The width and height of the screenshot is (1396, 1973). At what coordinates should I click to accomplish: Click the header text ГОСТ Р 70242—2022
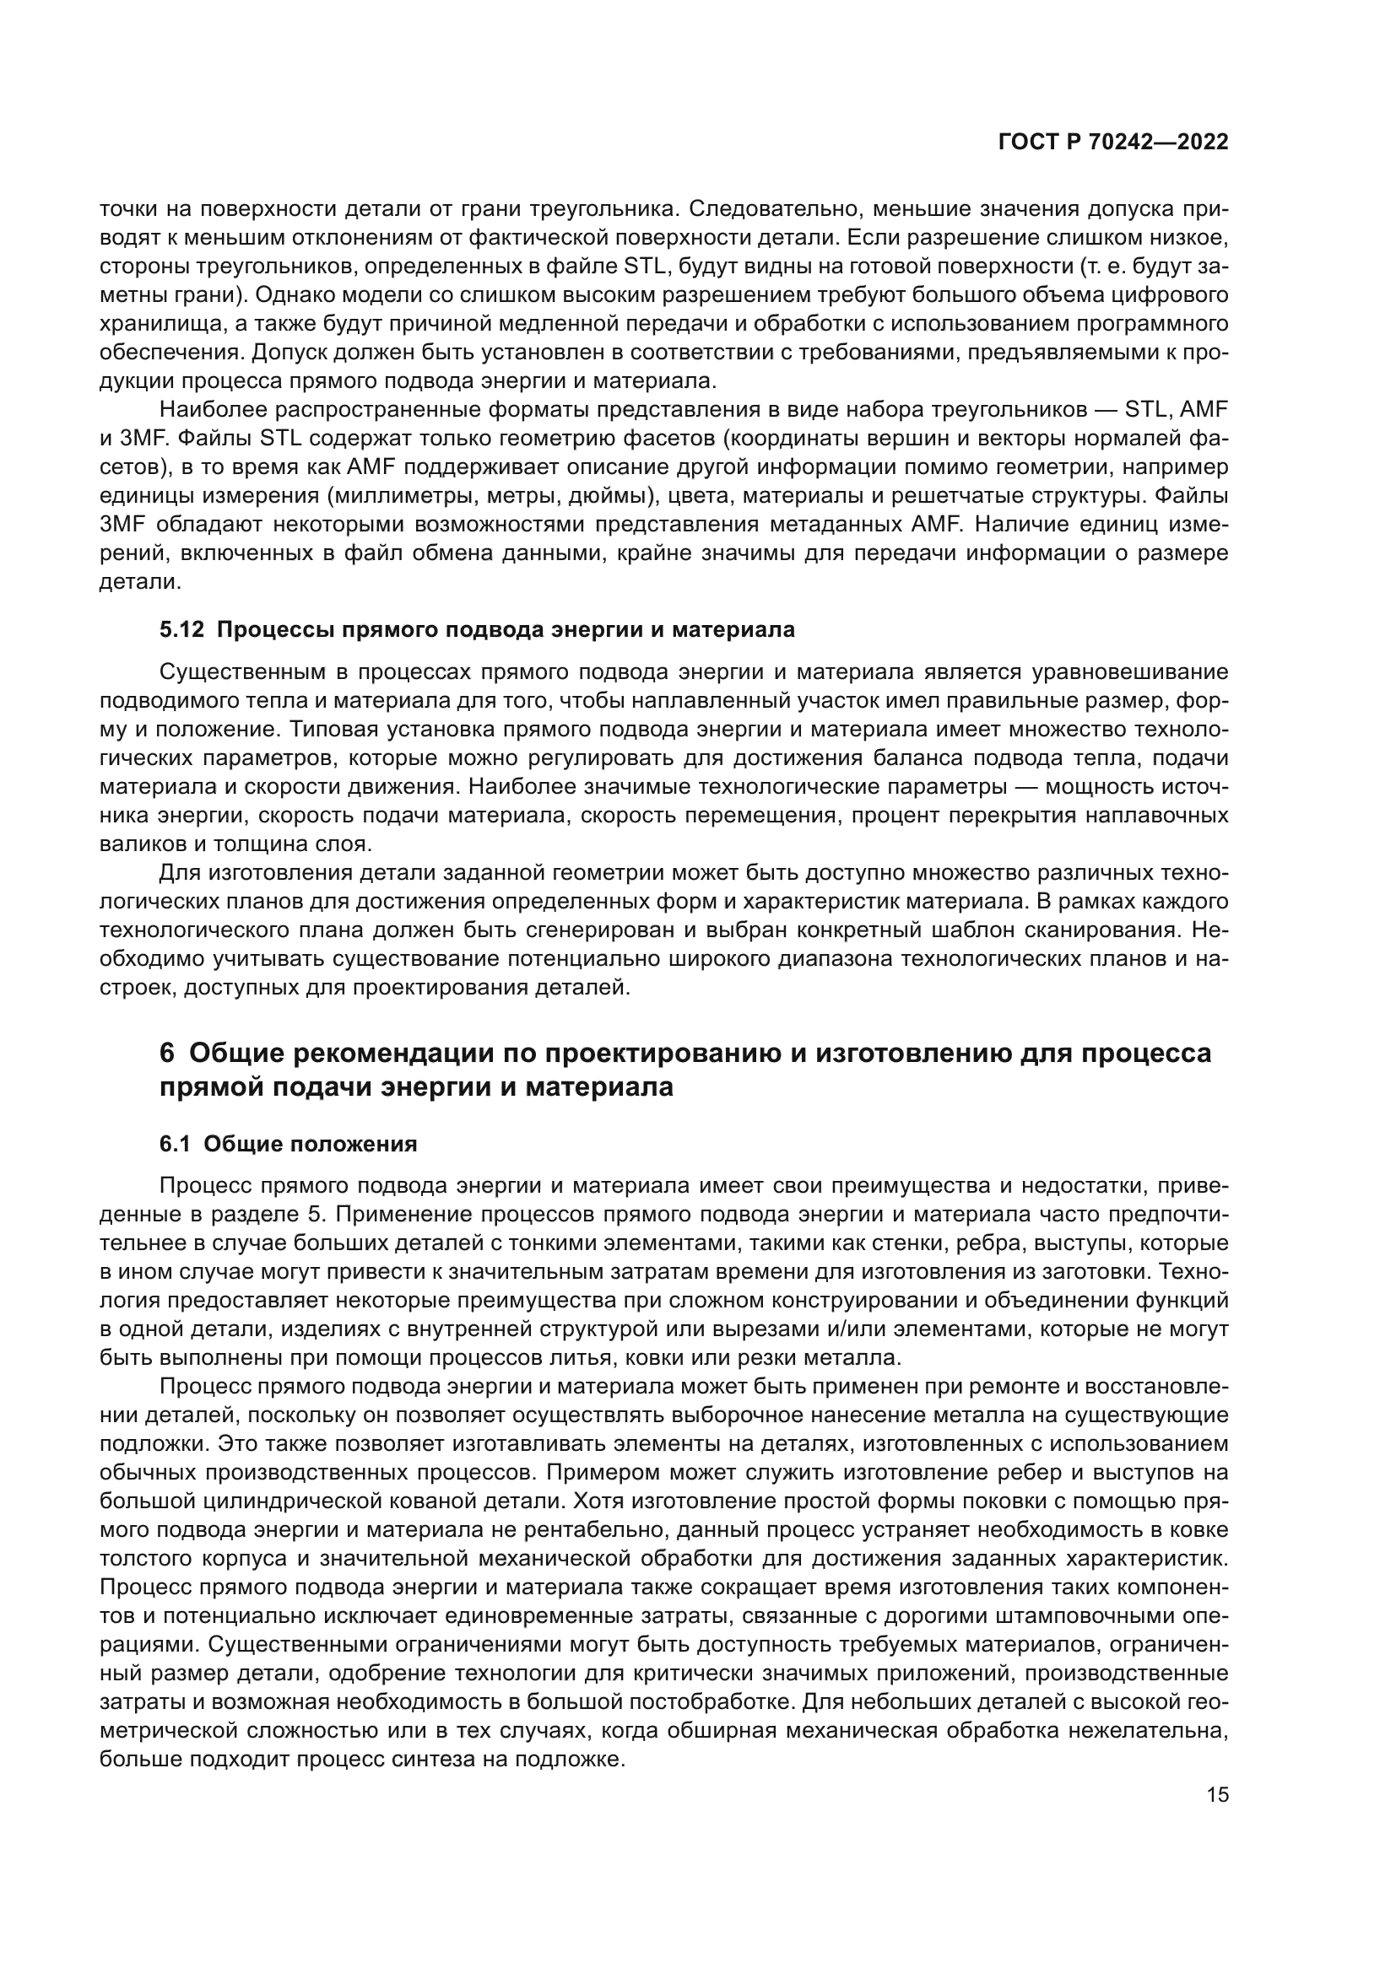pyautogui.click(x=1113, y=143)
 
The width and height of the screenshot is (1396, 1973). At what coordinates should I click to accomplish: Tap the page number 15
pyautogui.click(x=1217, y=1795)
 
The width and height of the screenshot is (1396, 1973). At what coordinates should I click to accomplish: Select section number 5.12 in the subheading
pyautogui.click(x=182, y=630)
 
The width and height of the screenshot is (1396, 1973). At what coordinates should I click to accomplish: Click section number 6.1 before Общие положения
pyautogui.click(x=176, y=1144)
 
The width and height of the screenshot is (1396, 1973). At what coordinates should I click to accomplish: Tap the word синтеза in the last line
pyautogui.click(x=427, y=1760)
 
